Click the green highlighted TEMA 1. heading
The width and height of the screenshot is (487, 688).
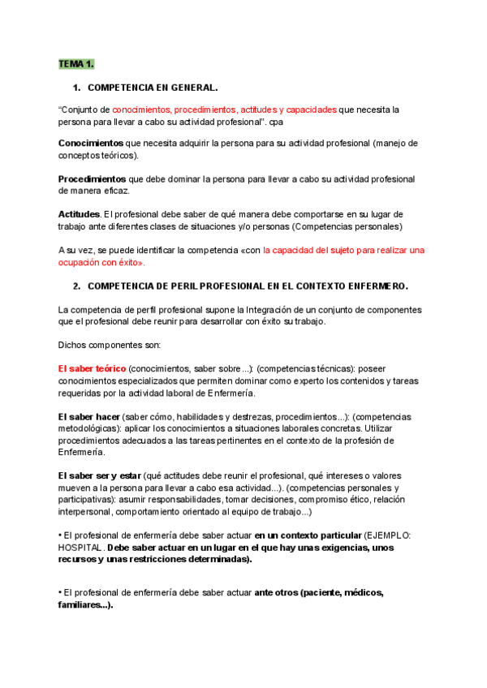pyautogui.click(x=76, y=64)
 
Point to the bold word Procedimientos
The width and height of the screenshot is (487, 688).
pyautogui.click(x=92, y=178)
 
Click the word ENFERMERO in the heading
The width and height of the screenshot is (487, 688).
pyautogui.click(x=373, y=286)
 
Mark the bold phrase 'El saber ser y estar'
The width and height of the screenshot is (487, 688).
pyautogui.click(x=100, y=475)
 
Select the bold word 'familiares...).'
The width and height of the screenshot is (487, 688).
pyautogui.click(x=86, y=604)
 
